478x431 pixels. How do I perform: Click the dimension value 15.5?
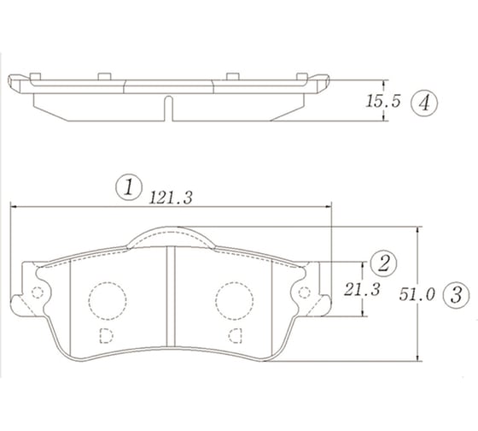(x=383, y=102)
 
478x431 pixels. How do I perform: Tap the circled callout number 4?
(x=423, y=103)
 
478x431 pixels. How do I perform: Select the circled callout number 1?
(x=128, y=187)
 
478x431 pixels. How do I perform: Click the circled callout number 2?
(x=383, y=262)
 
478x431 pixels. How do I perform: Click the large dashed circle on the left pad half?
(x=107, y=299)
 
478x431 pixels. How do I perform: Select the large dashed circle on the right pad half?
(x=232, y=299)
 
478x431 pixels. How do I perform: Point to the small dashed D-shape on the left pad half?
(x=107, y=333)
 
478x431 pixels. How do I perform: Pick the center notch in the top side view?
(x=168, y=109)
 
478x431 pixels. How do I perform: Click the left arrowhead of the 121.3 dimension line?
(x=14, y=206)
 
